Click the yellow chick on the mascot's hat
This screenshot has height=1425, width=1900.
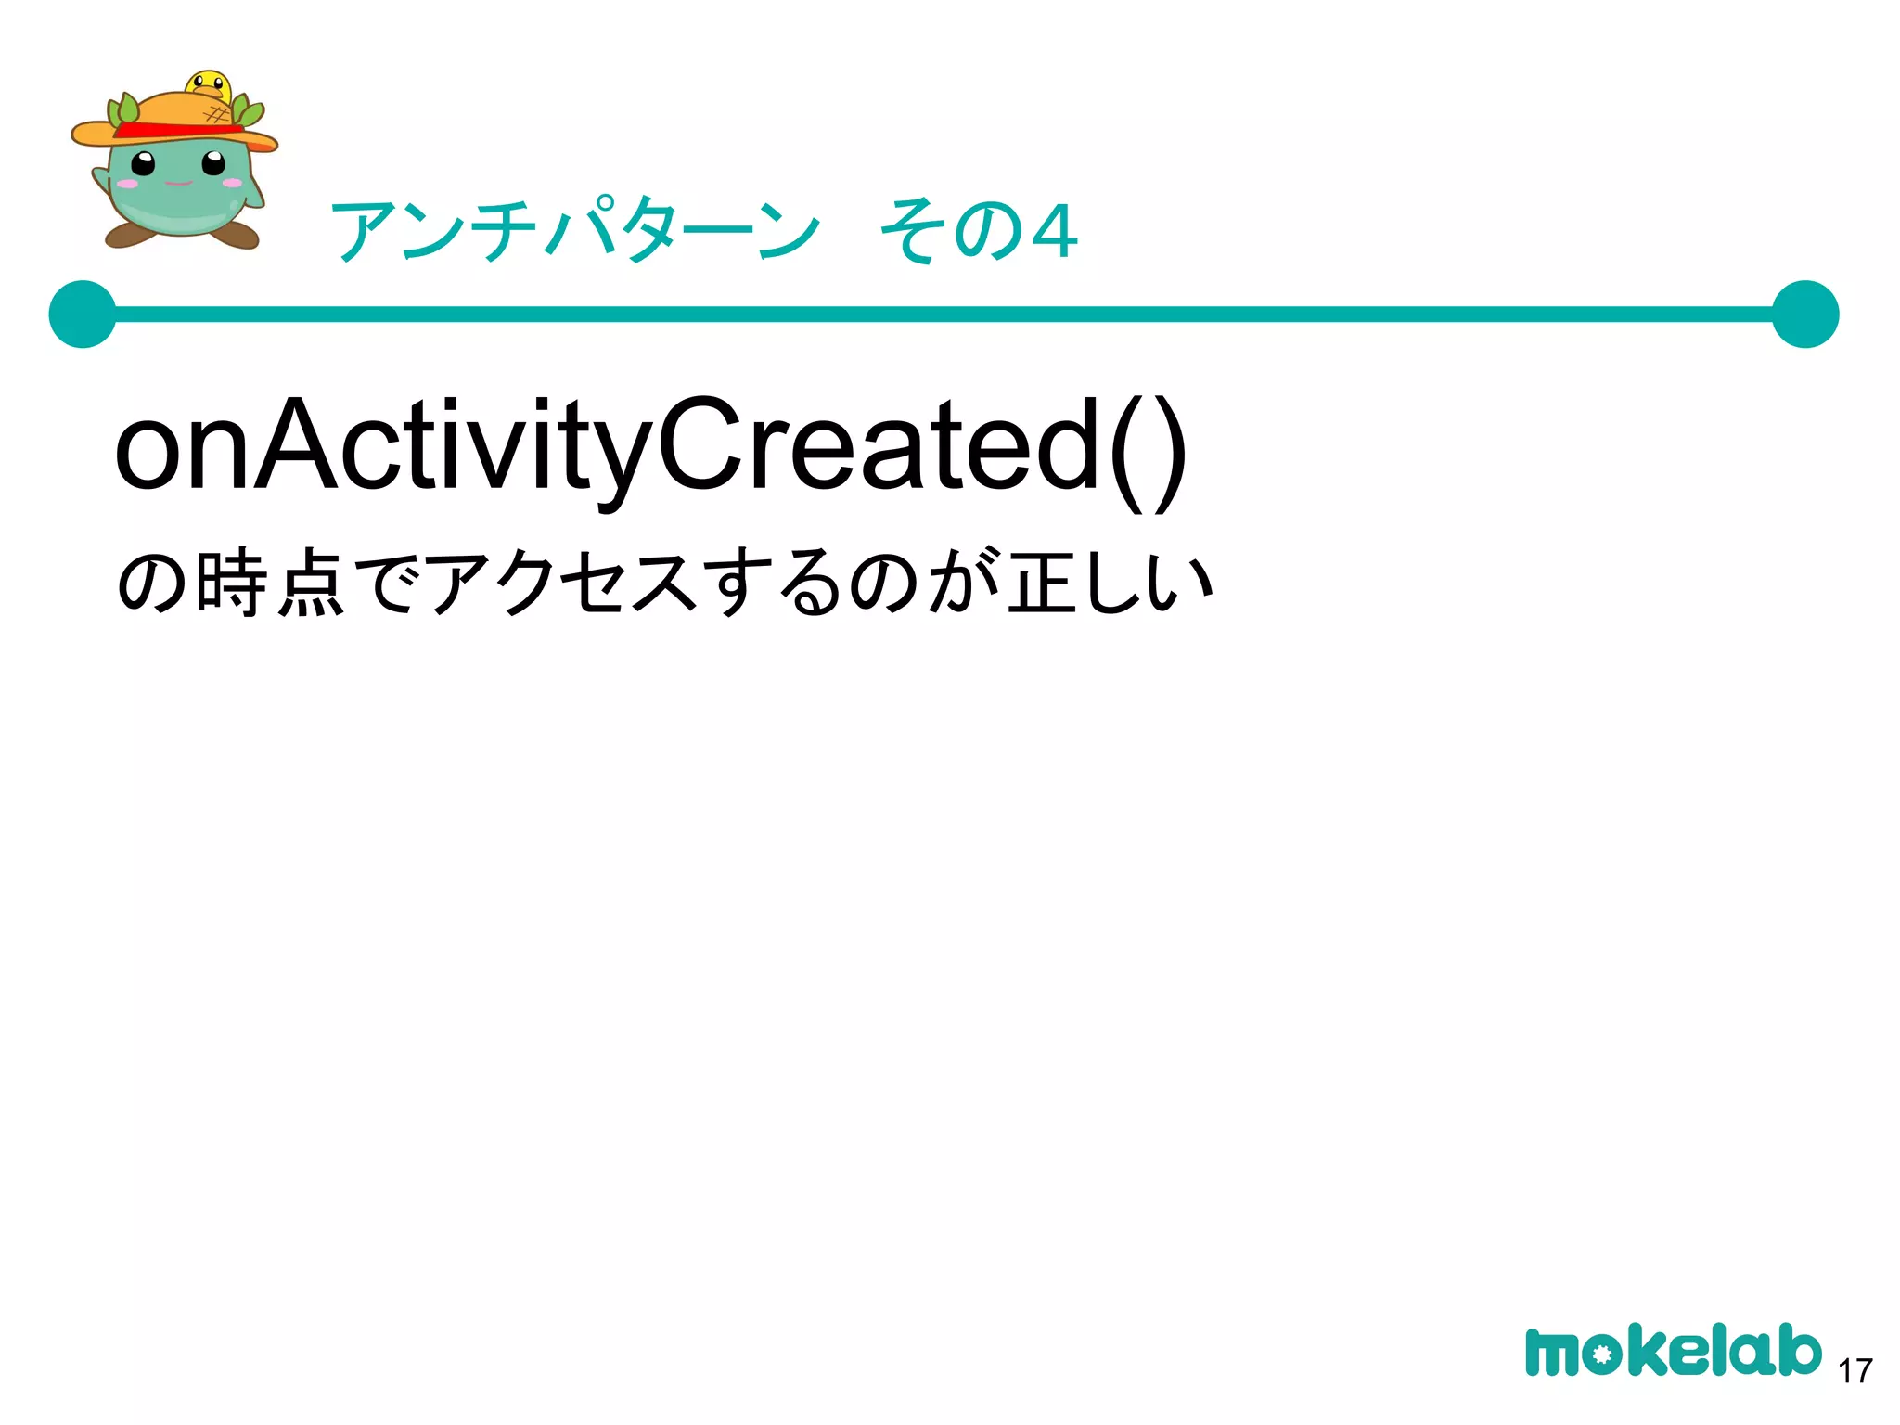(209, 86)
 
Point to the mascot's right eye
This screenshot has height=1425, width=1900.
(213, 163)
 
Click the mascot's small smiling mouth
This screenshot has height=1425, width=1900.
(178, 183)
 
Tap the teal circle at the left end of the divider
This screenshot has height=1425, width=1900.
(83, 315)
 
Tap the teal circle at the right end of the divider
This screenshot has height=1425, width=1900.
(1804, 315)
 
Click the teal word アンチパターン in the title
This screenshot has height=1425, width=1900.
(575, 230)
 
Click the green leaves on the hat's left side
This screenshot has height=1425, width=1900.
(124, 110)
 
